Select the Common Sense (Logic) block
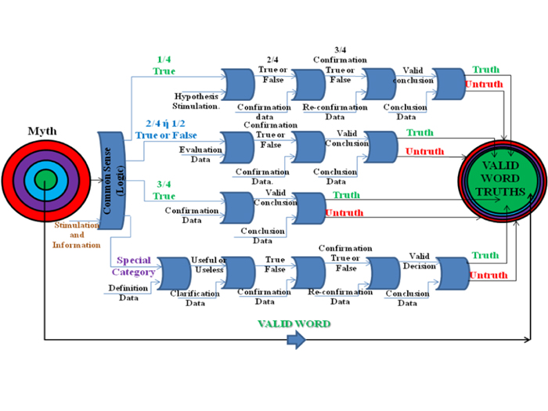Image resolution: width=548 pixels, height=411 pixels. click(114, 182)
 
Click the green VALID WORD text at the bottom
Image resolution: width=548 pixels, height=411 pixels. click(294, 323)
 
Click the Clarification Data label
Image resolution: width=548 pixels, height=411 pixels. click(196, 298)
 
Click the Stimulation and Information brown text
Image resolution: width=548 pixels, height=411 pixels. click(77, 235)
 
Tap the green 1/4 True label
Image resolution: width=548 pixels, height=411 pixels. click(164, 64)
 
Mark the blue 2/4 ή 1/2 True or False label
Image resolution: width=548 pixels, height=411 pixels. click(166, 130)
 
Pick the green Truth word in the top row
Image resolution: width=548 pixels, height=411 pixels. click(486, 70)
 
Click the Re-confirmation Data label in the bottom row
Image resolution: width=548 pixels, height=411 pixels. click(340, 297)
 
